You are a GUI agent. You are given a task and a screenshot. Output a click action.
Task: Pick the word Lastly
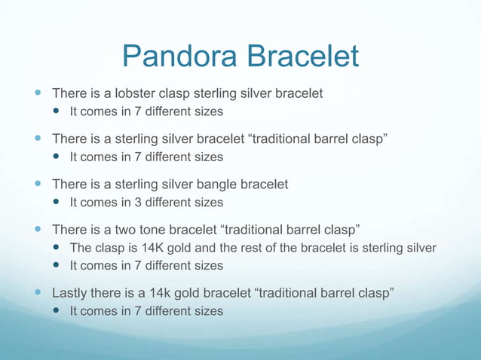pyautogui.click(x=69, y=292)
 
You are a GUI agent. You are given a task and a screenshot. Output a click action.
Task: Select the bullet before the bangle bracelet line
pyautogui.click(x=38, y=184)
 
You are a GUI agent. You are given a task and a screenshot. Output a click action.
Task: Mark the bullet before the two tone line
pyautogui.click(x=38, y=229)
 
